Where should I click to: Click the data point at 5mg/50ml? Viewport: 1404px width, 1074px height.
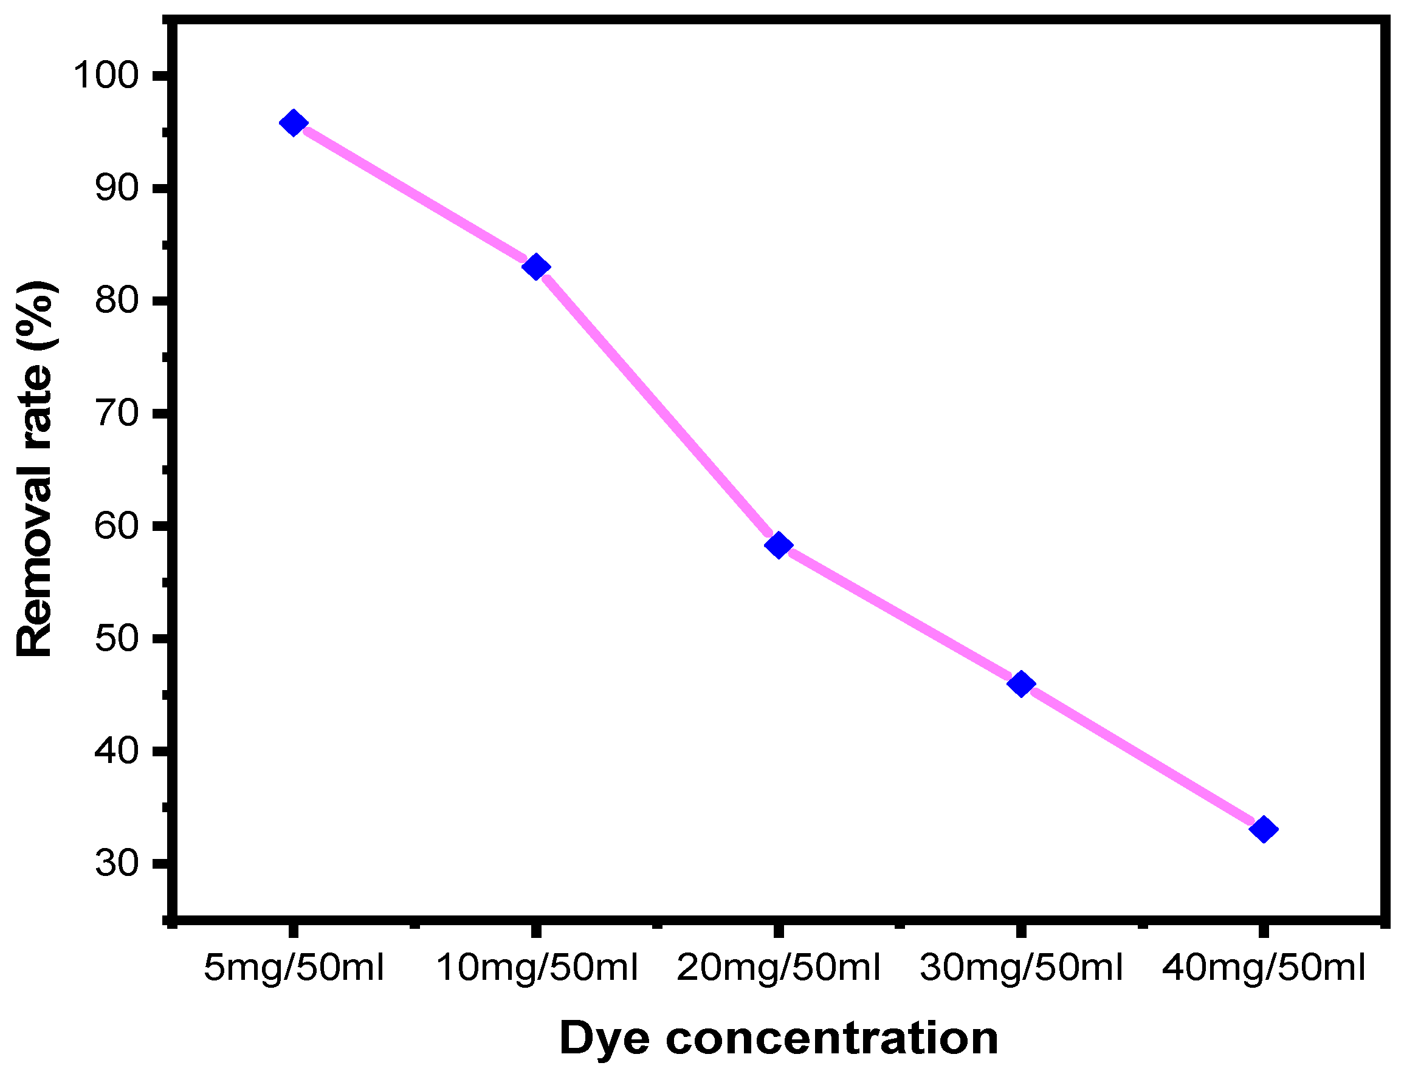point(294,123)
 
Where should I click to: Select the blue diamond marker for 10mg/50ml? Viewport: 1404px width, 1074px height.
point(536,267)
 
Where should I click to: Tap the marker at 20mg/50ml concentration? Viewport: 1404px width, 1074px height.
point(779,546)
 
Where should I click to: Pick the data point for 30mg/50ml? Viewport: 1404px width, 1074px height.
point(1021,684)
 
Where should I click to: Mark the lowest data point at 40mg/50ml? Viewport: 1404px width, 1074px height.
point(1263,830)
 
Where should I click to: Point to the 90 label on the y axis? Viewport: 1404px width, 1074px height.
point(117,188)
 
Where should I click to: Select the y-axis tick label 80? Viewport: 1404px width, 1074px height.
point(117,301)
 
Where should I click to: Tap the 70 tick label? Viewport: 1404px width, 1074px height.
point(117,413)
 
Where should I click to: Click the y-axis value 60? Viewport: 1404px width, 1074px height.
point(117,525)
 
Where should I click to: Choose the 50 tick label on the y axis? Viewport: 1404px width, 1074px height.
point(117,638)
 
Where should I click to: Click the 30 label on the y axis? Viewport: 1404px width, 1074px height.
point(117,863)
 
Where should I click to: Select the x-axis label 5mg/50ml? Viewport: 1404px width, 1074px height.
point(294,968)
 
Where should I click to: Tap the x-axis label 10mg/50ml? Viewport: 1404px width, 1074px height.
point(537,968)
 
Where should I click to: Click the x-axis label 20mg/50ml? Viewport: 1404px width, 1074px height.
point(779,968)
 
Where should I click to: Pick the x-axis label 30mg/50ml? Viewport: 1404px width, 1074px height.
point(1022,968)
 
